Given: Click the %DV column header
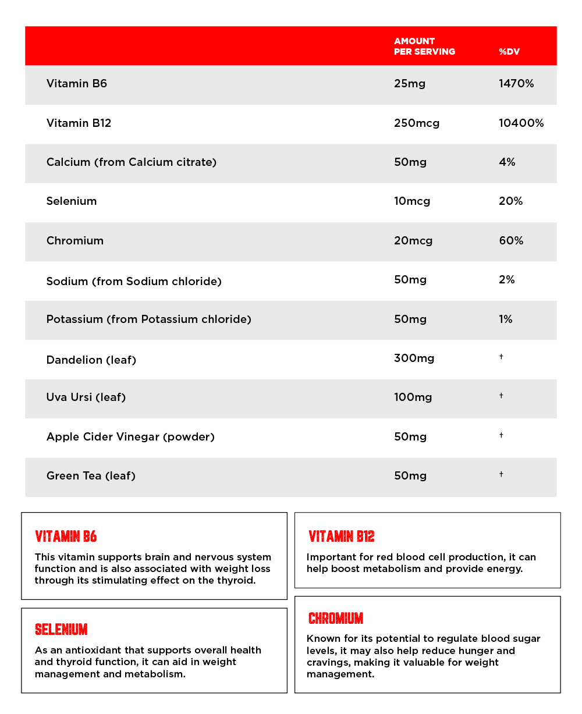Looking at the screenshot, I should coord(509,52).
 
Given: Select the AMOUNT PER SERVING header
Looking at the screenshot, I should coord(424,46).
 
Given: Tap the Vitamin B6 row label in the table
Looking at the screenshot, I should coord(77,83).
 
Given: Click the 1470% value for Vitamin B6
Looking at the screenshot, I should coord(516,83).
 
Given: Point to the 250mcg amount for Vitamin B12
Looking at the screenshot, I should coord(417,123).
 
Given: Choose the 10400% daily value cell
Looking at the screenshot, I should coord(521,123).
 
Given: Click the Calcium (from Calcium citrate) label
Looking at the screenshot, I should coord(132,162).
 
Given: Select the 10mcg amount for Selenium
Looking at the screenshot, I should coord(412,201).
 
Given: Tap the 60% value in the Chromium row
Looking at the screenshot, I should coord(511,240).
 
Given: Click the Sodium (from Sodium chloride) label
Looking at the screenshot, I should coord(134,281).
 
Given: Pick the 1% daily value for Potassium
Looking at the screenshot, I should coord(505,319).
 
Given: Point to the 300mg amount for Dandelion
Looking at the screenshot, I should coord(414,358).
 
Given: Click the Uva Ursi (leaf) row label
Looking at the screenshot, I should coord(86,397).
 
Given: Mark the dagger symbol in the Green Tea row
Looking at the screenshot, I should coord(501,474).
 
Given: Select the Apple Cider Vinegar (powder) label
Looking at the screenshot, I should coord(130,436).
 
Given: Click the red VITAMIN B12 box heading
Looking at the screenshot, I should coord(342,537).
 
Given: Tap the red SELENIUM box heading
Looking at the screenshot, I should coord(61,630).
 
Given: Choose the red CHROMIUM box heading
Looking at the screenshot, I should coord(336,618).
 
